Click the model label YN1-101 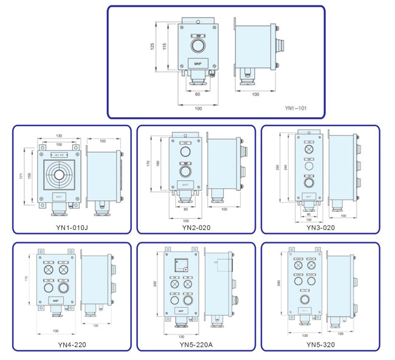point(295,107)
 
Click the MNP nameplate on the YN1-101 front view point(197,63)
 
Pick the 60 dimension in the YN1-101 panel point(197,95)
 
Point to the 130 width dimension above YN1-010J point(58,135)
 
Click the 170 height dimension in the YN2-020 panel point(149,163)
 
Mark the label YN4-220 point(72,345)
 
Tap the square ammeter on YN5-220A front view point(181,265)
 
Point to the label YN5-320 point(320,345)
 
